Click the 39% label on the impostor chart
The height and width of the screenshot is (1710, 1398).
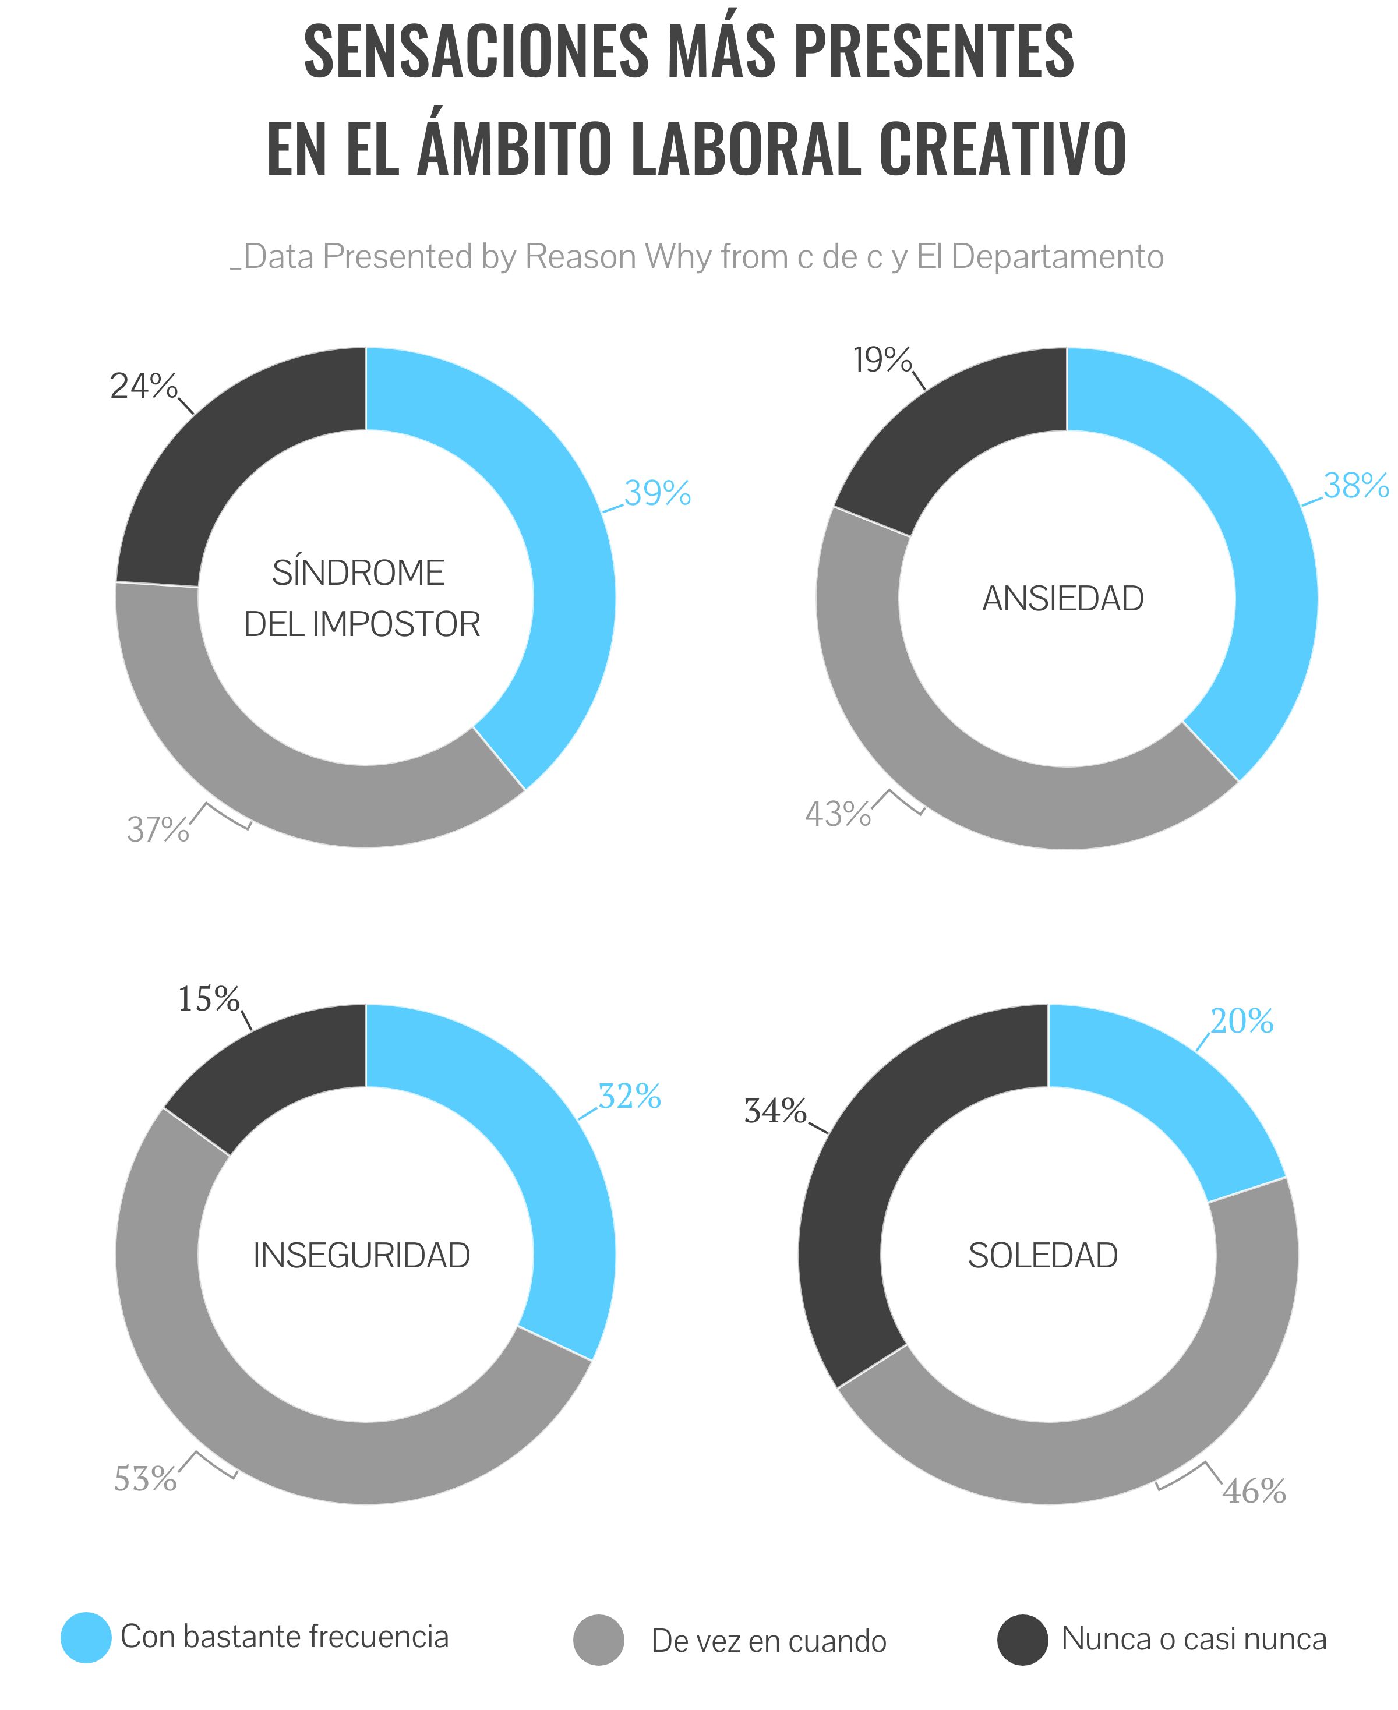point(657,493)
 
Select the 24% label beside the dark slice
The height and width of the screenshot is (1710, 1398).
point(143,387)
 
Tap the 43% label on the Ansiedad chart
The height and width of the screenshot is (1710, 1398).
point(838,814)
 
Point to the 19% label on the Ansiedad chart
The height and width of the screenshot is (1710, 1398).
point(882,360)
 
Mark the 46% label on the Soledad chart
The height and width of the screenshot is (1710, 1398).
point(1254,1492)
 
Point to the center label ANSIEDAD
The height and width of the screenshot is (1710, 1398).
point(1063,599)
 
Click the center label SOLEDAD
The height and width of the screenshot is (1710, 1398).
point(1043,1256)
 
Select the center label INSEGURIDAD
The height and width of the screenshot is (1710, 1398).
point(362,1256)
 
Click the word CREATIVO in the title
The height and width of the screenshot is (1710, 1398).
point(1002,149)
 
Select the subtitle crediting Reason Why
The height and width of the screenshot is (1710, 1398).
point(697,257)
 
